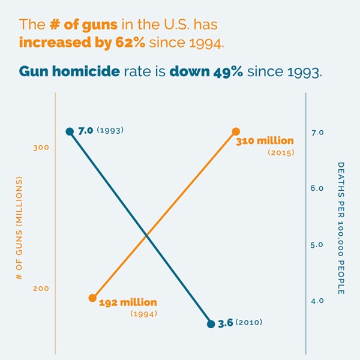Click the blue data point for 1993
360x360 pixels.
[70, 131]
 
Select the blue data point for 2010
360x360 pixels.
[211, 324]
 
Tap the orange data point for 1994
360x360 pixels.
[92, 298]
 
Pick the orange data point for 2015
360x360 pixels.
[236, 131]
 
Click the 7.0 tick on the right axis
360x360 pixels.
[318, 132]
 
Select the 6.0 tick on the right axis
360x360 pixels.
[318, 188]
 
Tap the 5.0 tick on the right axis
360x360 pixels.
[318, 245]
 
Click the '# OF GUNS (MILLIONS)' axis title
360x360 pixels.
[20, 228]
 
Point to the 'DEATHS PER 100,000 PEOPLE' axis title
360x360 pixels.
[340, 228]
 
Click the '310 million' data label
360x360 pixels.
[265, 142]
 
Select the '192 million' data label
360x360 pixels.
[128, 302]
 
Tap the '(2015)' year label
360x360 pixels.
[280, 154]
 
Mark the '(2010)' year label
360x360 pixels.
[249, 323]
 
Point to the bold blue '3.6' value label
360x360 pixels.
[225, 323]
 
